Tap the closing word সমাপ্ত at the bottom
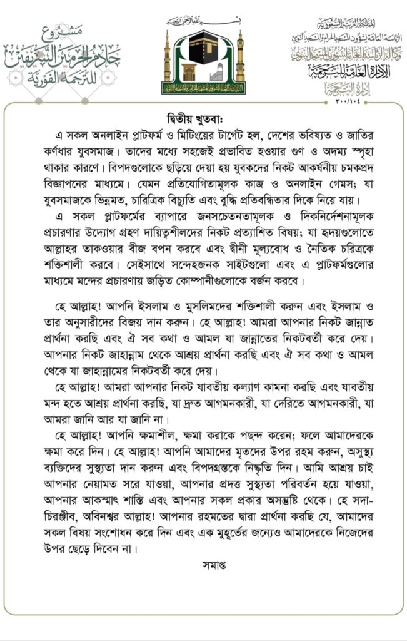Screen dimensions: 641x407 coord(203,565)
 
